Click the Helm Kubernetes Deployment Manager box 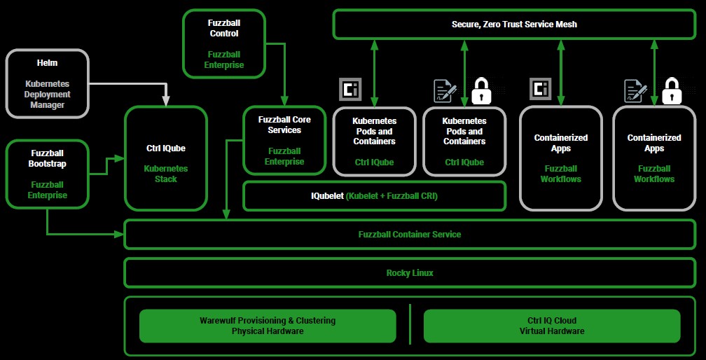coord(48,83)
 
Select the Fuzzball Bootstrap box coord(48,174)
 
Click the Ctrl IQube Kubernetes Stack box coord(166,158)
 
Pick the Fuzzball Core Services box coord(284,140)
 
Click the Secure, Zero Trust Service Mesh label coord(514,25)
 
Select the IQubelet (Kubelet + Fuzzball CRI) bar coord(374,196)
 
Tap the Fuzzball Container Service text coord(410,235)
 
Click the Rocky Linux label coord(410,273)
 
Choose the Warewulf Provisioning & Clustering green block coord(268,326)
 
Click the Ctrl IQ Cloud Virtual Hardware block coord(552,326)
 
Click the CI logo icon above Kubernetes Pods coord(350,90)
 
